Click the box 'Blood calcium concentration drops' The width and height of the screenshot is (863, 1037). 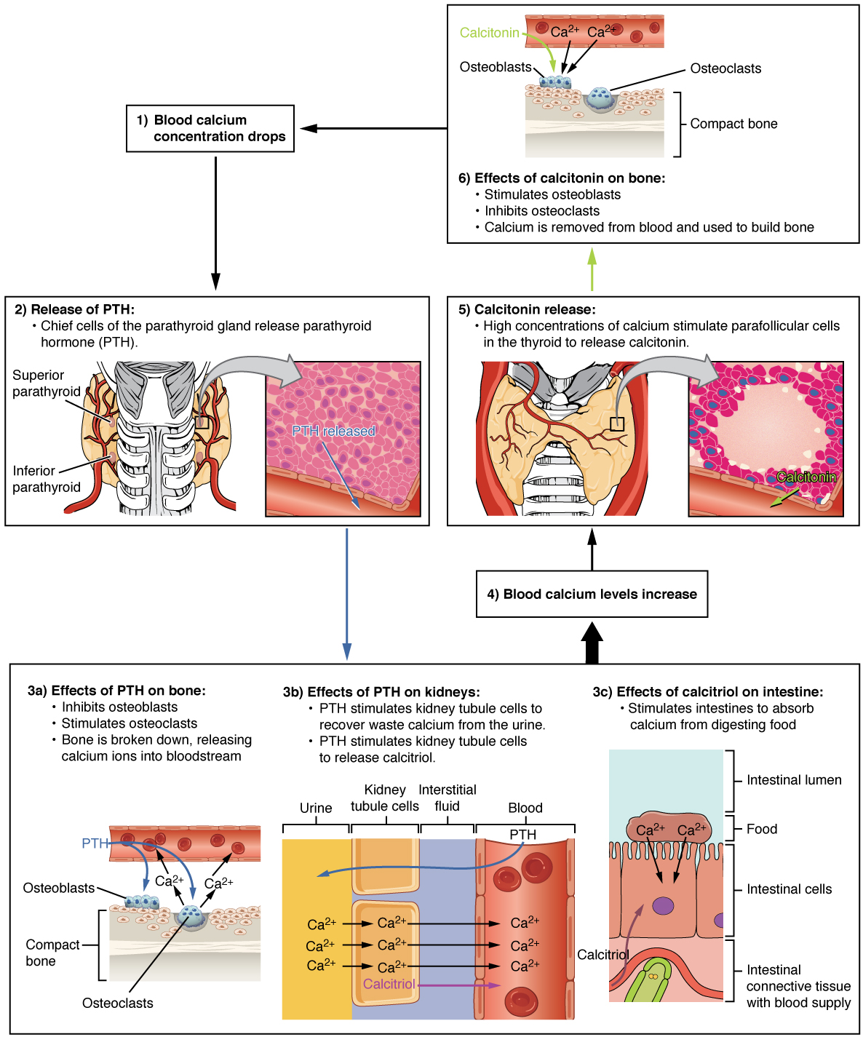[x=210, y=129]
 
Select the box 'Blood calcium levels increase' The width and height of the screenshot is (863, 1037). [x=592, y=594]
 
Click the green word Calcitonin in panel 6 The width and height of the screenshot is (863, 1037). [x=490, y=33]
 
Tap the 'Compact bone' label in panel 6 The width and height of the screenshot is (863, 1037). [x=733, y=124]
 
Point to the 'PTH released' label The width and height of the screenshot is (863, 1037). [x=333, y=431]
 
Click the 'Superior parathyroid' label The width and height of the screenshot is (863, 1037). [x=46, y=384]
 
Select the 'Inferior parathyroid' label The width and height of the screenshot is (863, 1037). [x=46, y=479]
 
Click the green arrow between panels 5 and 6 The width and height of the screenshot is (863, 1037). [x=592, y=269]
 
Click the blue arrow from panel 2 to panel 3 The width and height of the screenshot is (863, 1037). [x=347, y=593]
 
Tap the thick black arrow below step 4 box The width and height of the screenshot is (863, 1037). [x=592, y=643]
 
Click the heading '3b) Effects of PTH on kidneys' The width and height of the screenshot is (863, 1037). [x=381, y=692]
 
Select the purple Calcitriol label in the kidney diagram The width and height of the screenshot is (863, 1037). [x=389, y=984]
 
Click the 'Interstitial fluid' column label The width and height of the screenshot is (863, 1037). [x=447, y=798]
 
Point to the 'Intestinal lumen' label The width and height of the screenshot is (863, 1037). [x=794, y=780]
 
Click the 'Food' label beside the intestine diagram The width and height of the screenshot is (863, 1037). [x=762, y=829]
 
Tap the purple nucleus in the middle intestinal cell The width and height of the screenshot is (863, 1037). [x=663, y=906]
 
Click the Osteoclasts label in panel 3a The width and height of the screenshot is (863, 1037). [x=118, y=1003]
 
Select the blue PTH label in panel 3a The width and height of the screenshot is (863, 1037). [x=95, y=843]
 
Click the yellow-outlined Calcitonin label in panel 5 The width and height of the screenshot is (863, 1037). [x=806, y=477]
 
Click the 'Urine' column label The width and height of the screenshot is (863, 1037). [x=316, y=808]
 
